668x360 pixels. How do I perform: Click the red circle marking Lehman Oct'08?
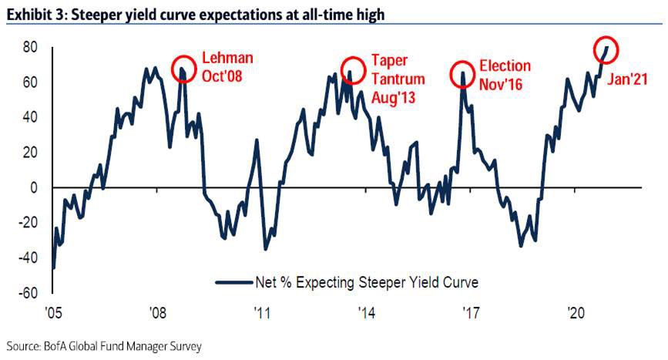[183, 68]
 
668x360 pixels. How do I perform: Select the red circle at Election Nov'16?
[462, 74]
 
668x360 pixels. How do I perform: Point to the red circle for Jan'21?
[606, 48]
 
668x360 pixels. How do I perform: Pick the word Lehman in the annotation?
[227, 59]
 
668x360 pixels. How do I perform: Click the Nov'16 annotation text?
[500, 85]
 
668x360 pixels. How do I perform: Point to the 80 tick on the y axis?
[30, 47]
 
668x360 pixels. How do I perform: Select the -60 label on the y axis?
[28, 293]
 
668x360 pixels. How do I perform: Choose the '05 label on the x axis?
[52, 313]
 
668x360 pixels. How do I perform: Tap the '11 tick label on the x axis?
[261, 313]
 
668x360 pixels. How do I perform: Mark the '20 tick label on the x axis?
[576, 313]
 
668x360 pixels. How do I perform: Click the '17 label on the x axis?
[469, 313]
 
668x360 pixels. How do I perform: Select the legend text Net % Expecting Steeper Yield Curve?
[366, 282]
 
